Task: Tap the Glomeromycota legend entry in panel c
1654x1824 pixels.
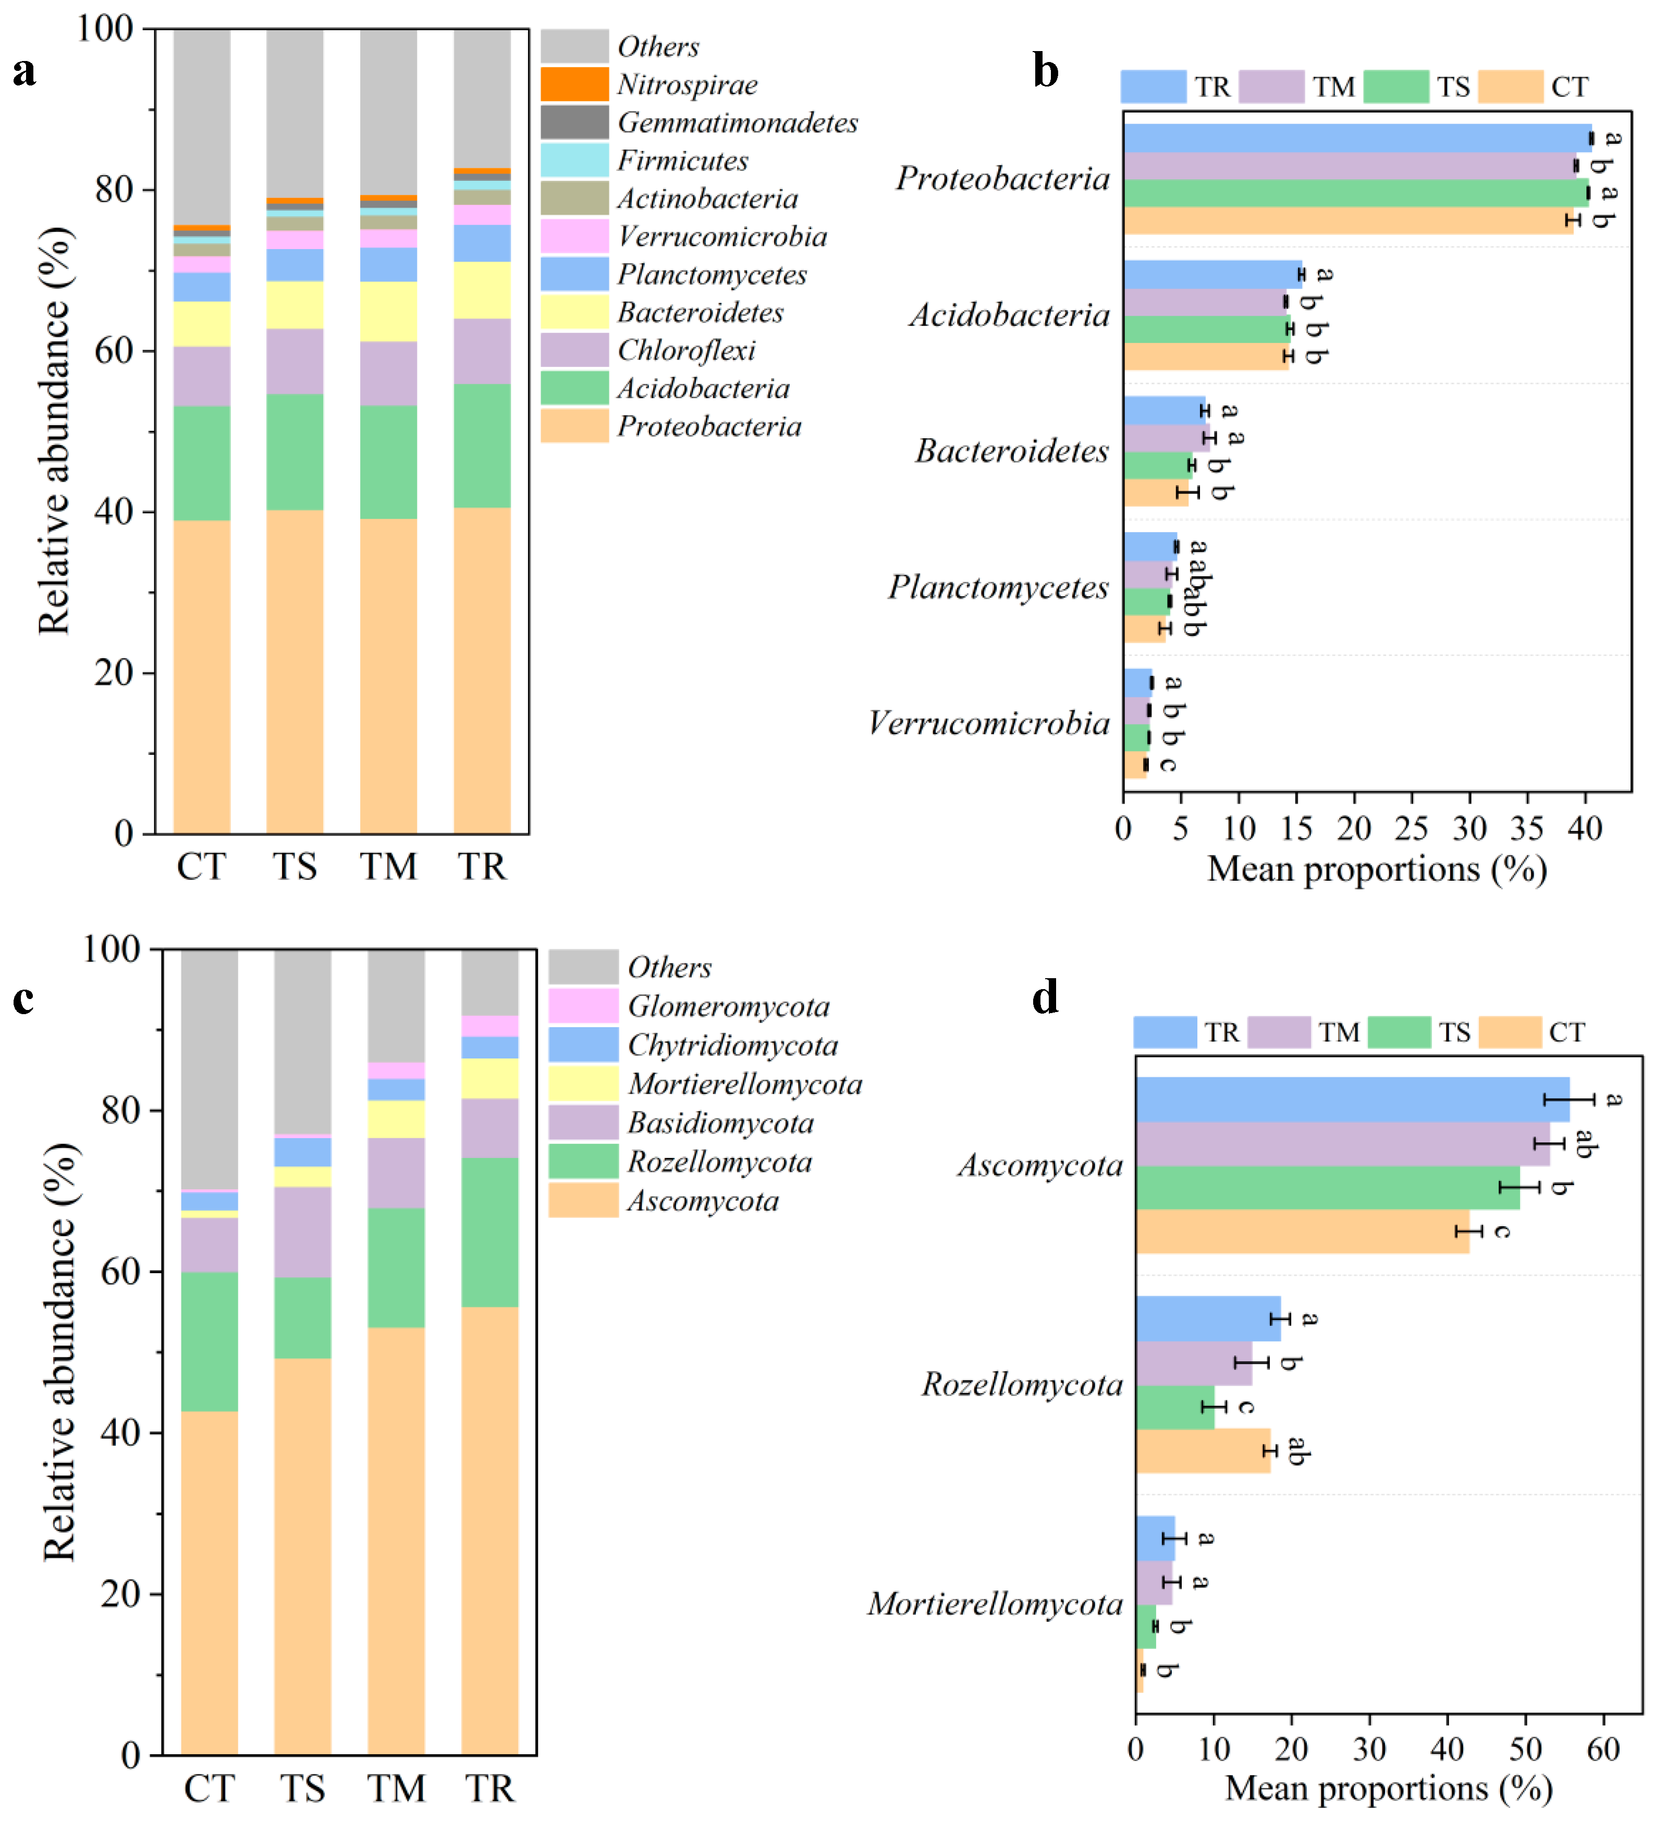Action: [728, 1006]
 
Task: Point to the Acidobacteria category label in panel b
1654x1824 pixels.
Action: [1009, 315]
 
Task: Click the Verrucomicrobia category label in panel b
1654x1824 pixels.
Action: [988, 723]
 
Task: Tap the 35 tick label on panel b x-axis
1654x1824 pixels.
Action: [1526, 828]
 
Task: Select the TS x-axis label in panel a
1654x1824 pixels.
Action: [295, 867]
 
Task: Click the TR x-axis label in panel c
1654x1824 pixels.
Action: [489, 1788]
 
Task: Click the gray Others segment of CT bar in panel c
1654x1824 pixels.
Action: [209, 1068]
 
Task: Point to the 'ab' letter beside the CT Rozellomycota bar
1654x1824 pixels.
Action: [1296, 1451]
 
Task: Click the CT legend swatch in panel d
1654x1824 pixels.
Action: [1509, 1032]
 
